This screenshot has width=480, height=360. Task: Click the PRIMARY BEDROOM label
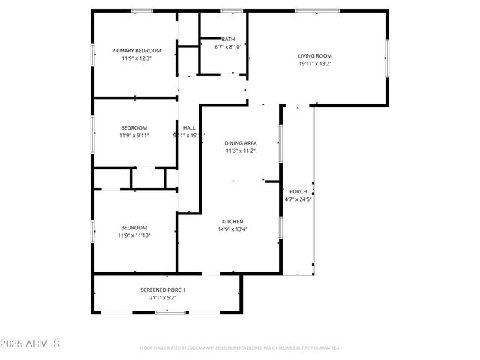(136, 50)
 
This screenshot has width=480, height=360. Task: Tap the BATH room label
(227, 39)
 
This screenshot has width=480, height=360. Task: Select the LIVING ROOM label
(315, 55)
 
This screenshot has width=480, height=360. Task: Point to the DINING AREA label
(241, 142)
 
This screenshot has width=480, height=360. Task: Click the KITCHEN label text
(232, 221)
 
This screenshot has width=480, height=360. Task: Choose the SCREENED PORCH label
(162, 289)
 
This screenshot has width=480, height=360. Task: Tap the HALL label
(189, 127)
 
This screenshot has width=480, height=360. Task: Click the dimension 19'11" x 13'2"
(315, 64)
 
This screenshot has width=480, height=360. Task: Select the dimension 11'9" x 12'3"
(136, 58)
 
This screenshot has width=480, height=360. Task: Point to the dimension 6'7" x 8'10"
(227, 47)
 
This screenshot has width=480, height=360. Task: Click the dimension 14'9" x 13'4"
(232, 229)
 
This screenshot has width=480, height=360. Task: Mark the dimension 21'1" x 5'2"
(162, 298)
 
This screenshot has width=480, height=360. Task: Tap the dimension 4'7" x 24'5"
(298, 199)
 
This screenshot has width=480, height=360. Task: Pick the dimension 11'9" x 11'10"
(134, 235)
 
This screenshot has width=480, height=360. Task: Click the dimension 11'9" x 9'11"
(134, 136)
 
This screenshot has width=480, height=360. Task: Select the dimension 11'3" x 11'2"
(241, 151)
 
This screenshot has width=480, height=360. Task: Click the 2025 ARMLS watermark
(31, 343)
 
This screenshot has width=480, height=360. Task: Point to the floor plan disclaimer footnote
(240, 348)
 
